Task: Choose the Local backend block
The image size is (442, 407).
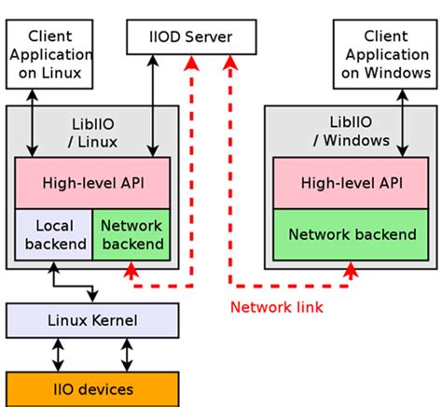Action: pos(53,234)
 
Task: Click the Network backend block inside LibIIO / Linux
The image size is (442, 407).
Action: pos(131,234)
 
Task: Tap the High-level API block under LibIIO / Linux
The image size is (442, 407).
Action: pos(92,183)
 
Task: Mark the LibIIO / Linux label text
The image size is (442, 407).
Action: pos(92,132)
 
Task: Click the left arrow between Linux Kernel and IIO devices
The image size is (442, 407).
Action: pos(59,355)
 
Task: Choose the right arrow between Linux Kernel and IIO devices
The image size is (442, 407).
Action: pos(126,355)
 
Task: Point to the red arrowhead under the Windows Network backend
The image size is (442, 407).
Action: pos(351,269)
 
